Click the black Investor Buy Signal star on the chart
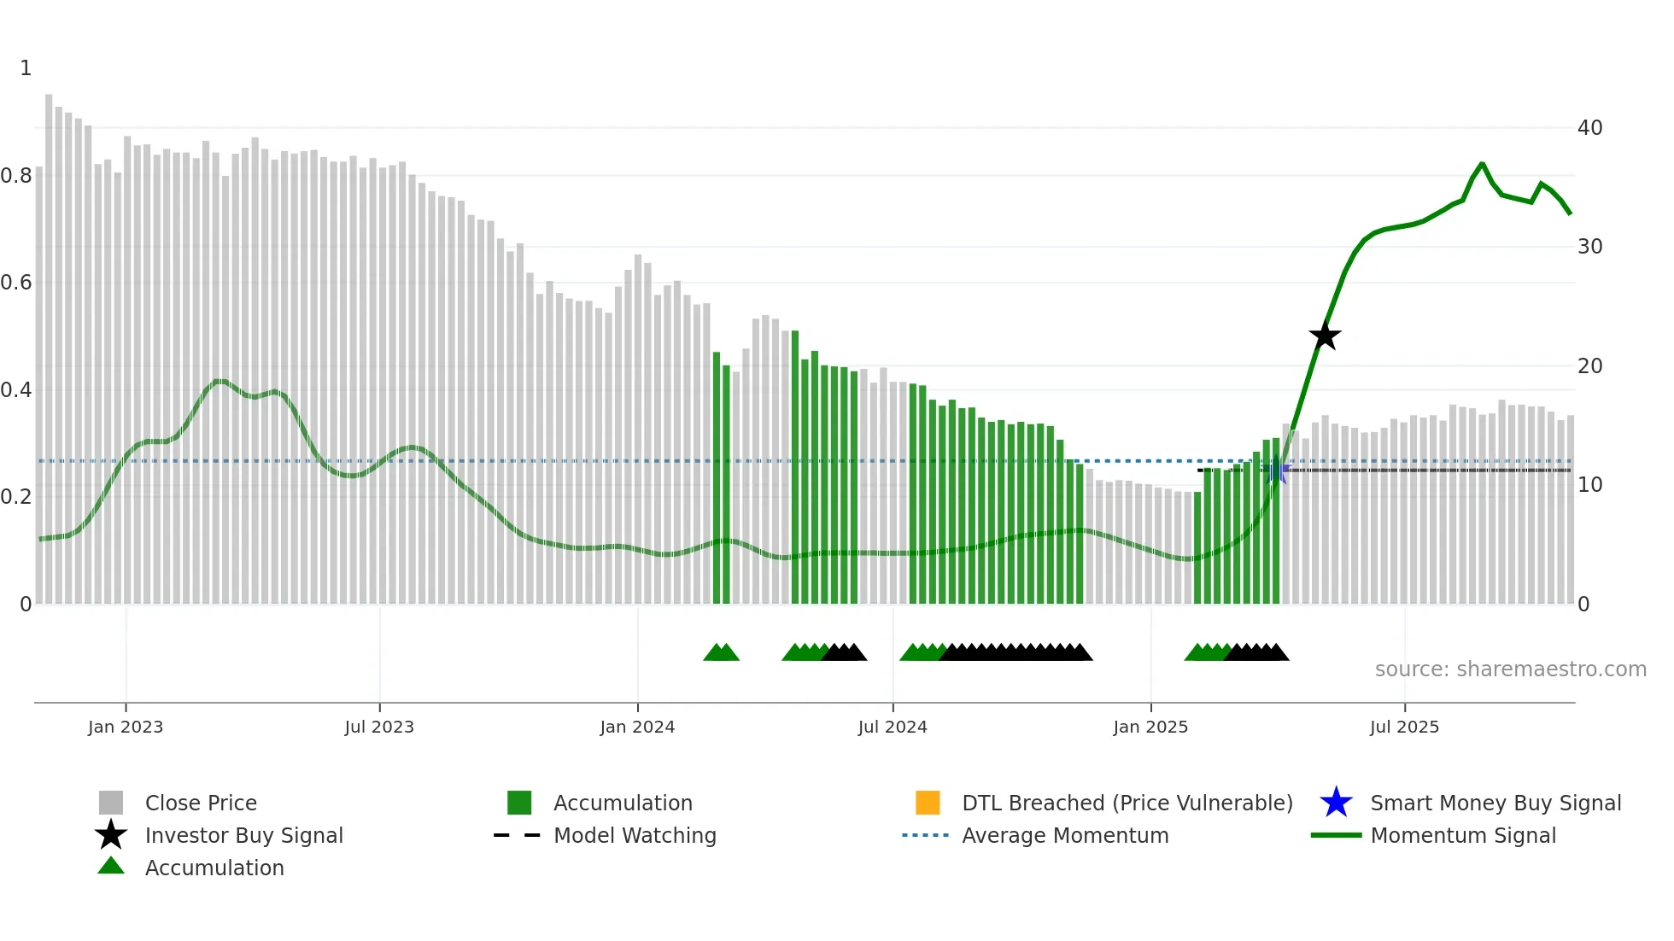pyautogui.click(x=1325, y=336)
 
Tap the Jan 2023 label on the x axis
pyautogui.click(x=126, y=727)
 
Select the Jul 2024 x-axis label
pyautogui.click(x=893, y=727)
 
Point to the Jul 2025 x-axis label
pyautogui.click(x=1404, y=727)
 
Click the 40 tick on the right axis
pyautogui.click(x=1589, y=128)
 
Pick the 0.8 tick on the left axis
pyautogui.click(x=17, y=176)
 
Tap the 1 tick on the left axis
pyautogui.click(x=26, y=68)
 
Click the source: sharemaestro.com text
pyautogui.click(x=1510, y=669)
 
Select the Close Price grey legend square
pyautogui.click(x=111, y=803)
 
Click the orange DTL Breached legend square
pyautogui.click(x=928, y=803)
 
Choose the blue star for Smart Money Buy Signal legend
pyautogui.click(x=1336, y=803)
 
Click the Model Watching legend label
pyautogui.click(x=635, y=835)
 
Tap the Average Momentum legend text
pyautogui.click(x=1065, y=835)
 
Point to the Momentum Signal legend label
pyautogui.click(x=1463, y=835)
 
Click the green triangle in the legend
pyautogui.click(x=111, y=866)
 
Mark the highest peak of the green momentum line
pyautogui.click(x=1482, y=163)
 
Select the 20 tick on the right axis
pyautogui.click(x=1589, y=366)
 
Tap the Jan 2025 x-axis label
pyautogui.click(x=1150, y=727)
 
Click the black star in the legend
pyautogui.click(x=111, y=835)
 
